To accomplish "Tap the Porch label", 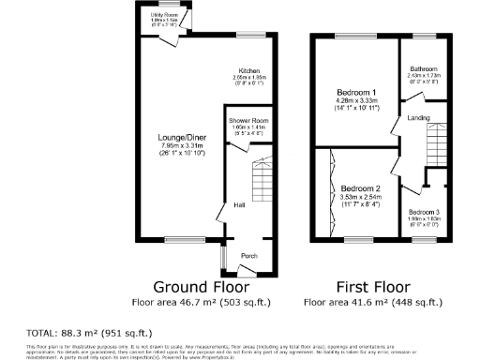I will pos(249,256).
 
